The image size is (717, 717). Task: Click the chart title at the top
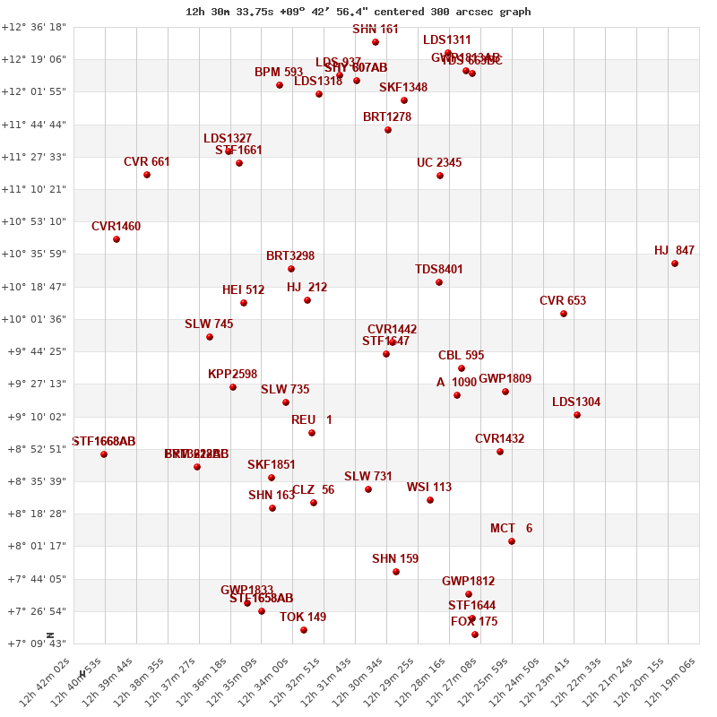tap(358, 12)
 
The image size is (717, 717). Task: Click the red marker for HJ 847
tap(675, 263)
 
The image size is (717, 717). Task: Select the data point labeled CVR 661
tap(147, 175)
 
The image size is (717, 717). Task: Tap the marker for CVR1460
tap(117, 239)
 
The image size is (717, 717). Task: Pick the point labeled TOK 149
tap(304, 630)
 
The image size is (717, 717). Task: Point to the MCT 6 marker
tap(512, 541)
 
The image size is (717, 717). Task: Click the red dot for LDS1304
tap(577, 415)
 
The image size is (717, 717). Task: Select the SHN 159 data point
tap(396, 572)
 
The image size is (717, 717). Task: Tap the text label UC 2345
tap(439, 163)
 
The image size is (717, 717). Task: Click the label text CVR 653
tap(563, 301)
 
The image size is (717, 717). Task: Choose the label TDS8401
tap(439, 270)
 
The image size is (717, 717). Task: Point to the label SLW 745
tap(209, 324)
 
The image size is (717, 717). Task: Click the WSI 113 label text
tap(429, 488)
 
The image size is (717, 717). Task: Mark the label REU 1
tap(312, 420)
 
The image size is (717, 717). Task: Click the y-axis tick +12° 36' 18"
tap(34, 27)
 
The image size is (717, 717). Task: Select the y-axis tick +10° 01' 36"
tap(34, 319)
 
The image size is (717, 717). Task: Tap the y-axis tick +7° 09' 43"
tap(34, 644)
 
